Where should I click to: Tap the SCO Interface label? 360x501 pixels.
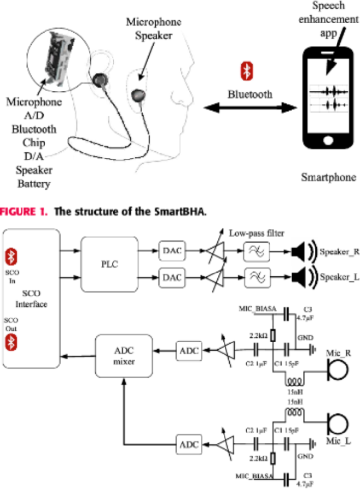[31, 299]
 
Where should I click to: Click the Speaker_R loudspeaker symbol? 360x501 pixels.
[299, 252]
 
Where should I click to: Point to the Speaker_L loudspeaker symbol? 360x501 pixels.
[299, 277]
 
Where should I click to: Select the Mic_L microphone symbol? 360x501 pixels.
[337, 420]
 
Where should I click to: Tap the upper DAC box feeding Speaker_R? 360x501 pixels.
[171, 252]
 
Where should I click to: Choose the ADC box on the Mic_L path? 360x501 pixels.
[188, 445]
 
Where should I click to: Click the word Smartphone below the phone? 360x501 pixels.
[328, 177]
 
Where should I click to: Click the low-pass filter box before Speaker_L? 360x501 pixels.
[256, 277]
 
